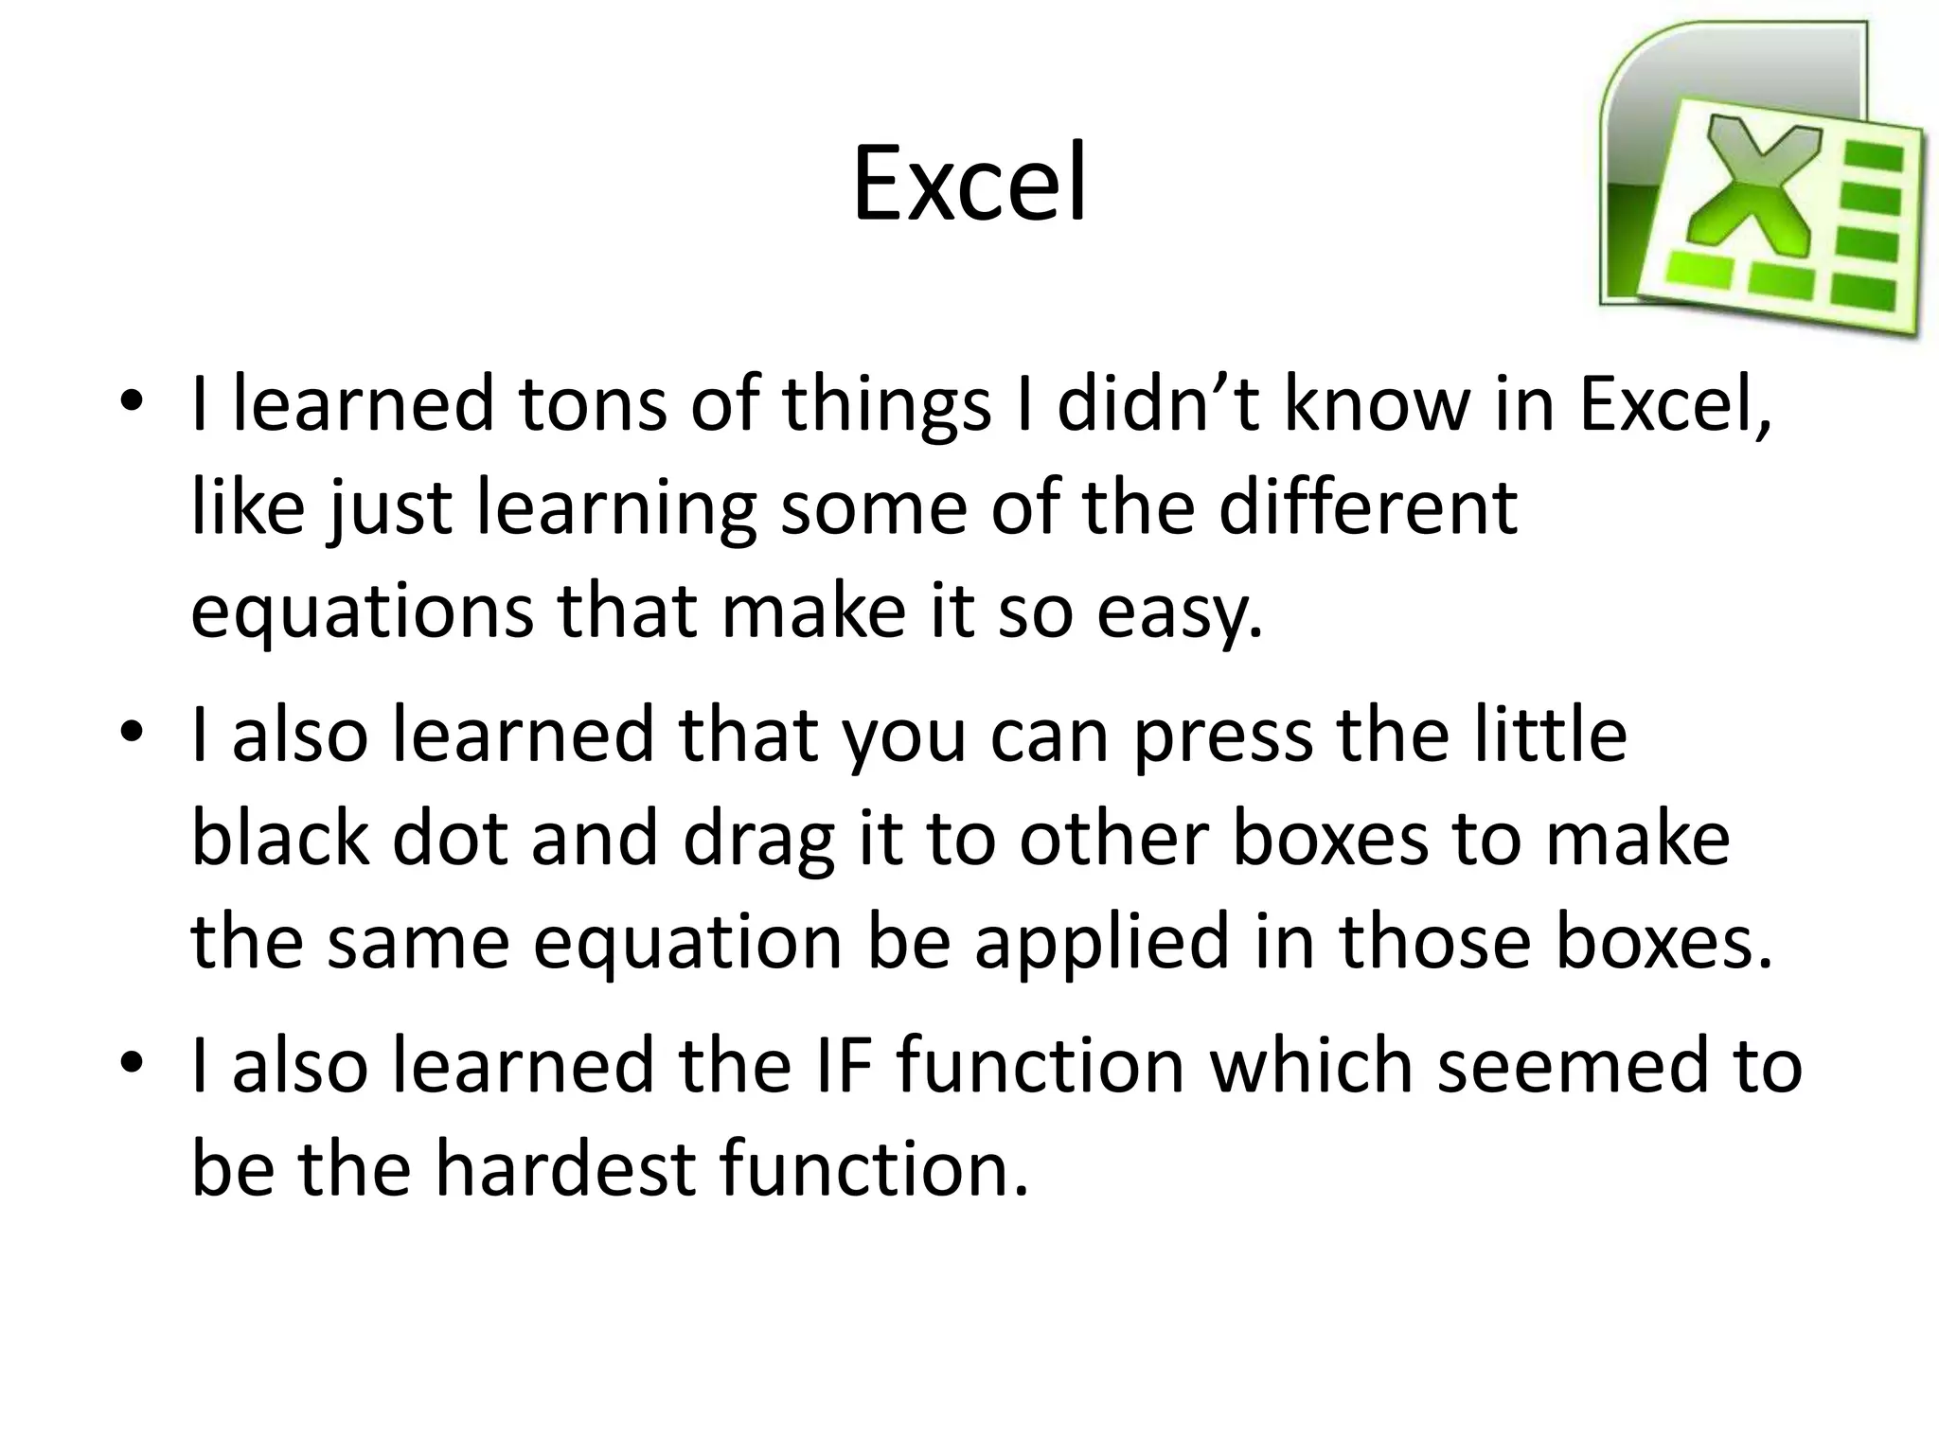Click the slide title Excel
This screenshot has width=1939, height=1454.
(969, 186)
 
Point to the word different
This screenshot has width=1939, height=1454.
(1367, 508)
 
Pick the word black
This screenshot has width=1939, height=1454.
(280, 839)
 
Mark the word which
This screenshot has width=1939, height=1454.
(1312, 1066)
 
